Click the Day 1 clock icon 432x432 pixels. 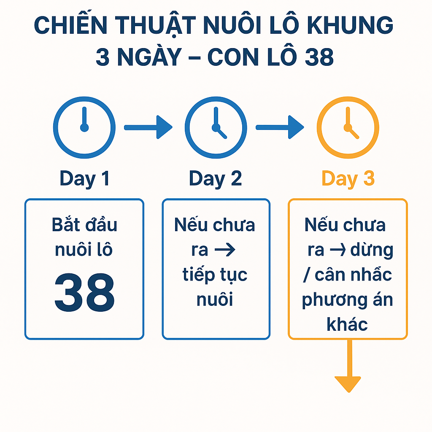(84, 127)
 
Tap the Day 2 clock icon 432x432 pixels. (216, 127)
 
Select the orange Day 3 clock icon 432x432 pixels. (348, 127)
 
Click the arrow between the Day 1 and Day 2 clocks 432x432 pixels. (148, 127)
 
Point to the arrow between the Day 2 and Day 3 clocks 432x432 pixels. (280, 127)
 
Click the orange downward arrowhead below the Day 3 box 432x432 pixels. (348, 383)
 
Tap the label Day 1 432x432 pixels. (84, 178)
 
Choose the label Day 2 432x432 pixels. (216, 178)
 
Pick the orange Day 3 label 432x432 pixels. (348, 178)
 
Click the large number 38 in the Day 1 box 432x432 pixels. (84, 291)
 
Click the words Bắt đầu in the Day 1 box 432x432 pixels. (84, 225)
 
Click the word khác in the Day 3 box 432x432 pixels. (347, 324)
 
